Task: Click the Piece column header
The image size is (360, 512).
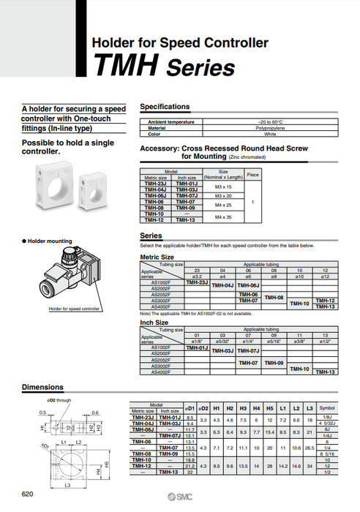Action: (253, 175)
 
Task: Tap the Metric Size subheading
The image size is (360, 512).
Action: (157, 257)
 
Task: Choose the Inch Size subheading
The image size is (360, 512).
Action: (154, 322)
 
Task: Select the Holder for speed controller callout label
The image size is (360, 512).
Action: (74, 309)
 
